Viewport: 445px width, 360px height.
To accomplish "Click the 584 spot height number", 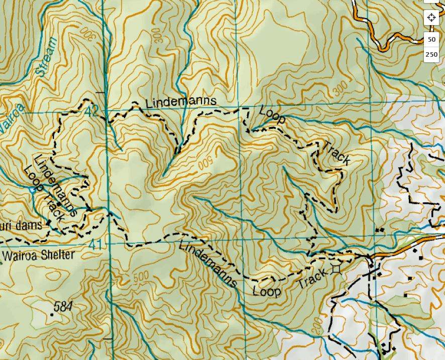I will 62,306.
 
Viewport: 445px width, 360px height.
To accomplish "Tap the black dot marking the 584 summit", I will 52,315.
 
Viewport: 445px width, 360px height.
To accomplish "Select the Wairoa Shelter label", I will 38,255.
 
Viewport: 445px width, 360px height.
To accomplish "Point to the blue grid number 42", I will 92,111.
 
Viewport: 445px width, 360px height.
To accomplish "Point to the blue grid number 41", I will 96,245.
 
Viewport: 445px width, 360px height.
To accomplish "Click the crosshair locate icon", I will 431,18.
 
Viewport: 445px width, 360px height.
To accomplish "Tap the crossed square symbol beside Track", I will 336,269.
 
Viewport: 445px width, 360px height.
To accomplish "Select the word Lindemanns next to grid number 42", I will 181,102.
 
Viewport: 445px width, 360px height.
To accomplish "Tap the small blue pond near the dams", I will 33,190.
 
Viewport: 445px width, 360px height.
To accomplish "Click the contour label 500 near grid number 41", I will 141,277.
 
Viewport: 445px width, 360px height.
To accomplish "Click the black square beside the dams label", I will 49,222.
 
